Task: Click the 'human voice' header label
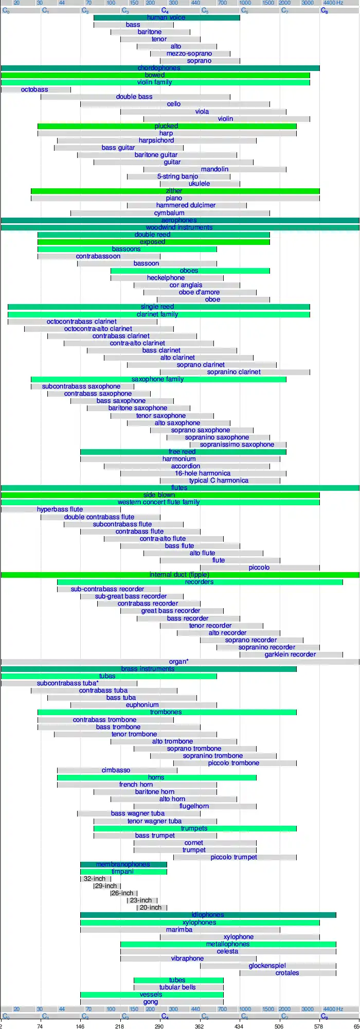pos(166,17)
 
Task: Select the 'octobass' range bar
pos(34,90)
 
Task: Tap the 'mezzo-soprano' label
pos(189,54)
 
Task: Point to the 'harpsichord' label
pos(156,140)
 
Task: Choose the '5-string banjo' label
pos(177,176)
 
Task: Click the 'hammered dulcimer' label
pos(186,205)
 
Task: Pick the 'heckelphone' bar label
pos(166,278)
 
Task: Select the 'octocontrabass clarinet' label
pos(82,322)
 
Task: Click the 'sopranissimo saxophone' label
pos(237,445)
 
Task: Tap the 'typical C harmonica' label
pos(219,481)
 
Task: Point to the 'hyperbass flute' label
pos(60,509)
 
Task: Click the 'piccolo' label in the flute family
pos(259,567)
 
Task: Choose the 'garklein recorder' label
pos(291,654)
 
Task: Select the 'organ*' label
pos(179,662)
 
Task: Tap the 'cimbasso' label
pos(116,770)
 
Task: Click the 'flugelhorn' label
pos(194,806)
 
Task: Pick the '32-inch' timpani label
pos(95,879)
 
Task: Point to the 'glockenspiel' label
pos(267,966)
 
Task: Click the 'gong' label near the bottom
pos(151,1002)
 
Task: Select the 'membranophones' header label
pos(123,864)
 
